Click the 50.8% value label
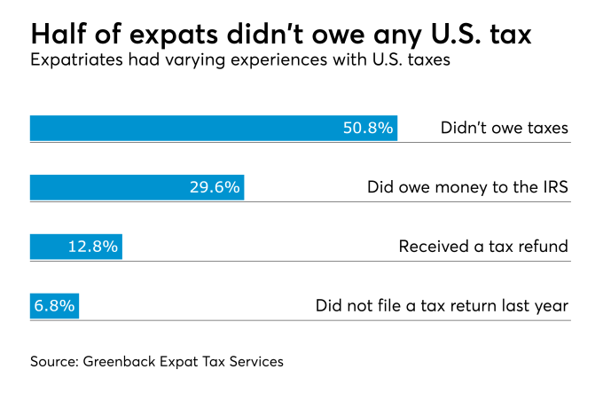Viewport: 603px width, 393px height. tap(367, 128)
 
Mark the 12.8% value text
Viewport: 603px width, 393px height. tap(93, 247)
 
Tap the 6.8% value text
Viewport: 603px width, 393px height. tap(54, 306)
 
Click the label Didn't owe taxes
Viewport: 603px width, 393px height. tap(504, 128)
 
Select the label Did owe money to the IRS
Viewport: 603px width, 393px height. tap(467, 187)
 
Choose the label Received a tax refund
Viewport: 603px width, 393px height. tap(483, 247)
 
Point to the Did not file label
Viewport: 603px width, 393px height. tap(442, 306)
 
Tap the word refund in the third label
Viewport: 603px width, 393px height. tap(543, 247)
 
